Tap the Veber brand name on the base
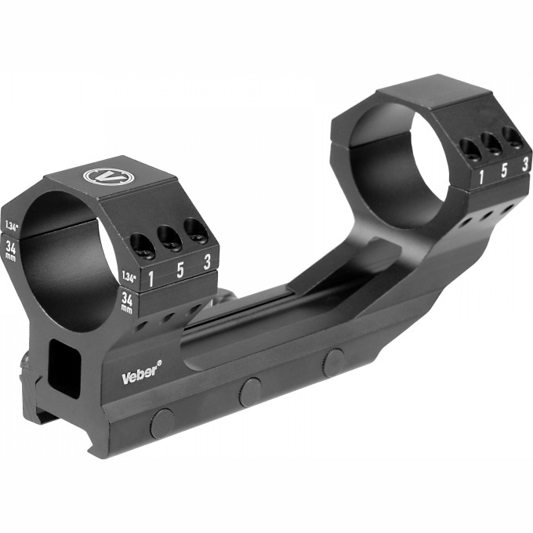(x=139, y=376)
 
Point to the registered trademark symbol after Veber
(x=159, y=364)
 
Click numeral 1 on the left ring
(x=150, y=279)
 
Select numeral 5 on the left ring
(x=180, y=270)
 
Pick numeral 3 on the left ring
(x=206, y=262)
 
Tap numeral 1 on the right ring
(x=481, y=177)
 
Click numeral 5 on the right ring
(x=504, y=171)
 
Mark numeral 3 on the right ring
(x=525, y=165)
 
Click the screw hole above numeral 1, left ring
(x=143, y=246)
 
